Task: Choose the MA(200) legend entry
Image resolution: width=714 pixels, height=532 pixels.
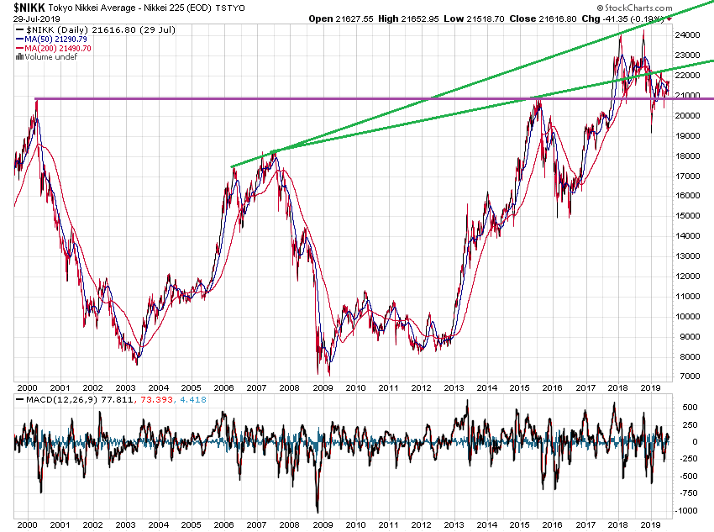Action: click(x=55, y=49)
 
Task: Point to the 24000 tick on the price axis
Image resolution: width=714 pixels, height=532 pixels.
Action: click(x=689, y=36)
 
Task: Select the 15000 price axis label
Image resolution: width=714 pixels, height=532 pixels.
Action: click(x=689, y=216)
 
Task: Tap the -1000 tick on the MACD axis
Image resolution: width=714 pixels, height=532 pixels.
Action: click(x=686, y=511)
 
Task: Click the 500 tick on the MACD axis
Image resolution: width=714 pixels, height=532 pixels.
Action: click(x=684, y=408)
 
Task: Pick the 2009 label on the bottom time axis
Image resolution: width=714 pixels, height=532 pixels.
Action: click(x=323, y=524)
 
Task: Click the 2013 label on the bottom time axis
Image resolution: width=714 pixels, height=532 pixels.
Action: click(x=454, y=524)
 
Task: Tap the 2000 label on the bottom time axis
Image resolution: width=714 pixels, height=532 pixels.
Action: click(x=27, y=524)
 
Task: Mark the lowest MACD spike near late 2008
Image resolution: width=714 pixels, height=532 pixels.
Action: click(x=317, y=510)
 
